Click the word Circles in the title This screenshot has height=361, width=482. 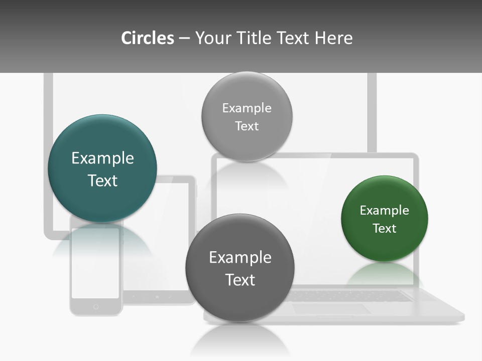(x=148, y=38)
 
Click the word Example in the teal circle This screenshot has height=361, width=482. (x=102, y=158)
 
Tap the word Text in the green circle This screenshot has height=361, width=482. (x=385, y=229)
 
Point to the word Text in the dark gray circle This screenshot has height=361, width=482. (x=240, y=280)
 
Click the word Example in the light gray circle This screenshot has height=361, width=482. (x=247, y=108)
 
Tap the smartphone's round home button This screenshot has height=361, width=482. (x=96, y=306)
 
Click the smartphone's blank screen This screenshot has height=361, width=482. (x=95, y=263)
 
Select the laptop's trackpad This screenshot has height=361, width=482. (x=331, y=309)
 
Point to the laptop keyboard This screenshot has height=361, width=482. (x=351, y=296)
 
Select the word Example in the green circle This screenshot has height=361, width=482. (x=385, y=211)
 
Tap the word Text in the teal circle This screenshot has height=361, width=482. (x=102, y=180)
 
